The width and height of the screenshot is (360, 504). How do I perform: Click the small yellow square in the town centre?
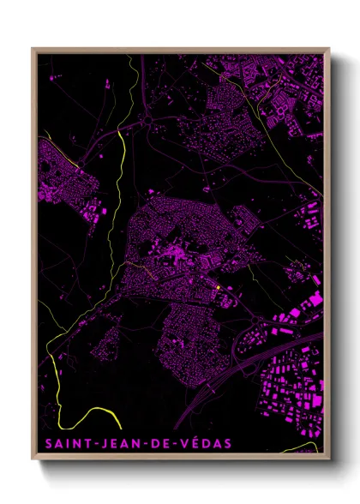(219, 287)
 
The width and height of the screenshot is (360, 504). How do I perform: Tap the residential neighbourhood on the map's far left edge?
(64, 176)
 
